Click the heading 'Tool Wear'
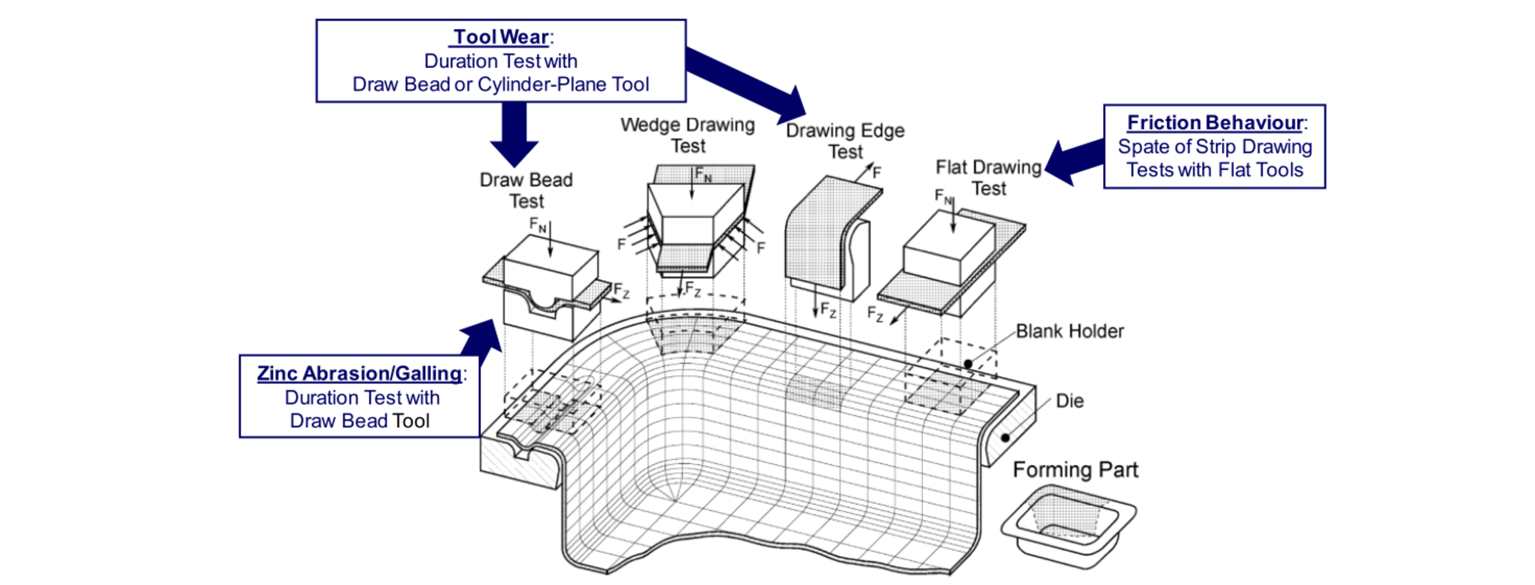tap(500, 37)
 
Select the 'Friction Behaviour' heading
tap(1215, 123)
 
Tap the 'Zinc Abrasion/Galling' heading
tap(359, 373)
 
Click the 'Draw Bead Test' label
tap(526, 190)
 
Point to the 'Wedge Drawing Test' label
tap(688, 135)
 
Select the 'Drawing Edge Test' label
tap(845, 141)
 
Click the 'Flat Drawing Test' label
tap(989, 177)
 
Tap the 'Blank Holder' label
tap(1070, 331)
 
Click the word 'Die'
tap(1070, 400)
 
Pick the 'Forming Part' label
tap(1075, 470)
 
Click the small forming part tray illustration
tap(1068, 526)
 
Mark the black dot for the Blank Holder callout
tap(968, 364)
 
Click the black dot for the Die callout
tap(1005, 438)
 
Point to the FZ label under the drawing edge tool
tap(828, 310)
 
